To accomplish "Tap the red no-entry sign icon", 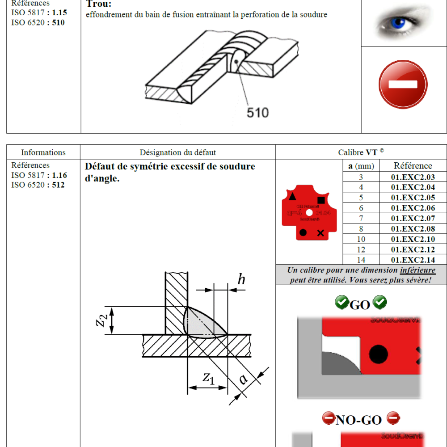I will click(403, 84).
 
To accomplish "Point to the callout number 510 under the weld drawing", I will click(258, 112).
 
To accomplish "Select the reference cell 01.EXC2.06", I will click(413, 208).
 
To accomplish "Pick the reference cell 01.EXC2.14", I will click(413, 260).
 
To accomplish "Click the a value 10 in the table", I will click(361, 239).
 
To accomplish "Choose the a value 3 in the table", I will click(361, 177).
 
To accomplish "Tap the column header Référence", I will click(413, 166).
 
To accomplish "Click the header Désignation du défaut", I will click(177, 152).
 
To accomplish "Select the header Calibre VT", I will click(361, 152).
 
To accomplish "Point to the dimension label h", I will click(241, 280).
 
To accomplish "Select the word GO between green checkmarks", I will click(360, 305).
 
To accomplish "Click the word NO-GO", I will click(358, 420).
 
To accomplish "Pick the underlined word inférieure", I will click(417, 270).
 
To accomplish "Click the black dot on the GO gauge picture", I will click(379, 354).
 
